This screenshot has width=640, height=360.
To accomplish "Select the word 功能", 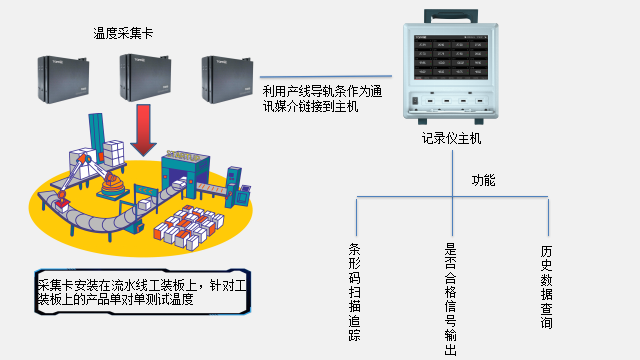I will [483, 181].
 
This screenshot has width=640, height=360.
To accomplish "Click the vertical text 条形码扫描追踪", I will [354, 284].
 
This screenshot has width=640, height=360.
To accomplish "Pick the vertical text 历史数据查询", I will [546, 284].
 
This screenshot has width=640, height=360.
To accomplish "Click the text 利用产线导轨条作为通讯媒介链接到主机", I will [323, 99].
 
